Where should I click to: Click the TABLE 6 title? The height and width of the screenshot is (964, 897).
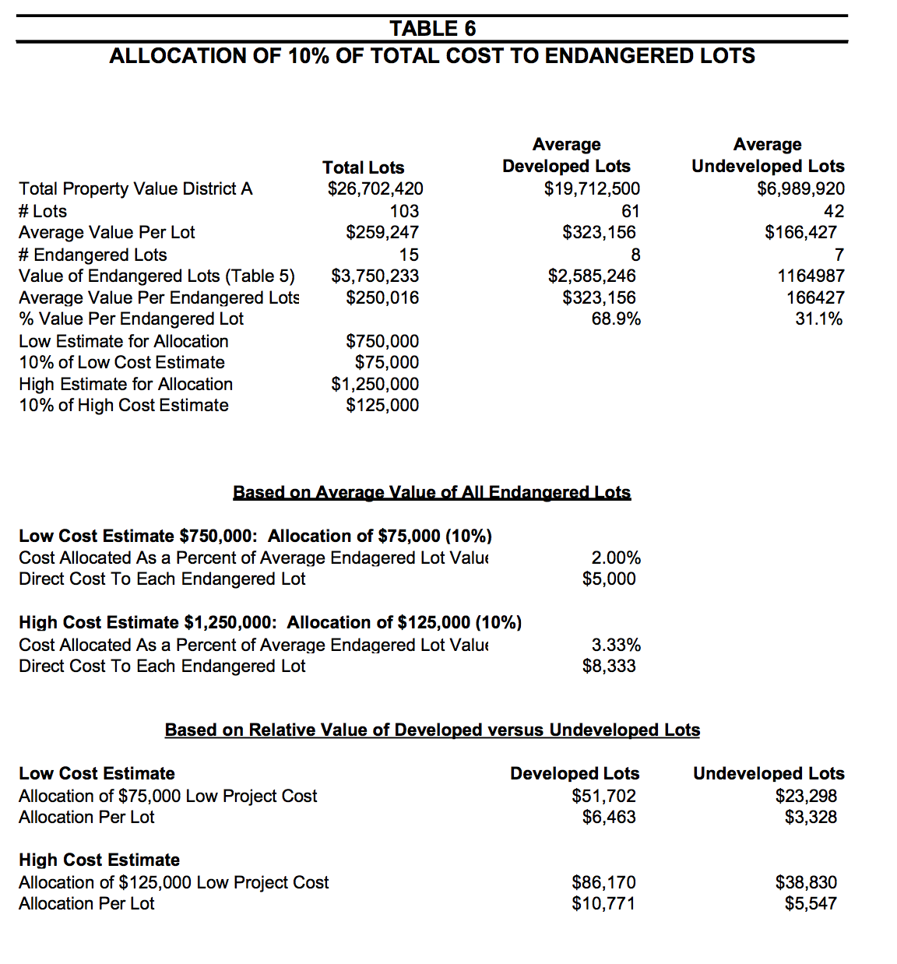click(432, 29)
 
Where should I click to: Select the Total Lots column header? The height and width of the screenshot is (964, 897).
click(363, 167)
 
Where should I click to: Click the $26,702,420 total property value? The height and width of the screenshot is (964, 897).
click(375, 188)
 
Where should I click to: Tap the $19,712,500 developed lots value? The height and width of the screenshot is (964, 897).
click(592, 188)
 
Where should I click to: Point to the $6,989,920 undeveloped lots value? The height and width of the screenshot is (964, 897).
click(800, 188)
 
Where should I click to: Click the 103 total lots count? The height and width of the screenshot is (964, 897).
click(404, 211)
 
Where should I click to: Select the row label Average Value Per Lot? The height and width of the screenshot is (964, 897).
click(107, 232)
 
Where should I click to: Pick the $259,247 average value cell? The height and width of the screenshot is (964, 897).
click(382, 232)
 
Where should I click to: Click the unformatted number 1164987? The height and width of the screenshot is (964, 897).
click(811, 276)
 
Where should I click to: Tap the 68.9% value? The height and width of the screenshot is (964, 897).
click(616, 318)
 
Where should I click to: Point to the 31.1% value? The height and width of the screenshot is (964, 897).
click(818, 318)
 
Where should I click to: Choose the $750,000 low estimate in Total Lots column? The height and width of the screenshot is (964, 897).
click(382, 341)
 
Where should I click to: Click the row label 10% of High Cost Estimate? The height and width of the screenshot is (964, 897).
click(124, 405)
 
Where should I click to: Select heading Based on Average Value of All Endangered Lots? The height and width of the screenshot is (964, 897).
click(431, 492)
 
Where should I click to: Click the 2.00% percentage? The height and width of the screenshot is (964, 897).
click(616, 558)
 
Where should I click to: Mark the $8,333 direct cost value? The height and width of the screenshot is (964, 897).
click(609, 666)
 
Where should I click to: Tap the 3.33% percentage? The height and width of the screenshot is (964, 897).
click(616, 645)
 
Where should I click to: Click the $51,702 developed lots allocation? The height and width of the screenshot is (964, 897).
click(603, 796)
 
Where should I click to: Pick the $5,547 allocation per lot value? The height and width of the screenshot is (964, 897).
click(811, 903)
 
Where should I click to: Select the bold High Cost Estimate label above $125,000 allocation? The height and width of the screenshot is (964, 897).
click(99, 860)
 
